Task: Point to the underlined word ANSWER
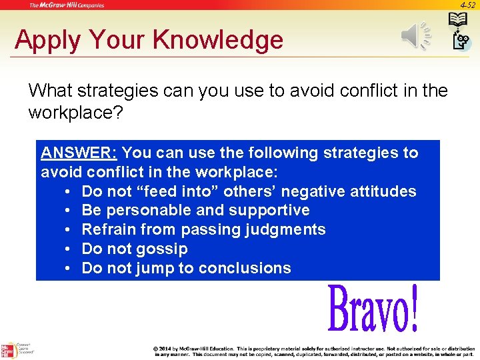[x=79, y=153]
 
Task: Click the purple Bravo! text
[x=373, y=309]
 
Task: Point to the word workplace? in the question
[x=75, y=112]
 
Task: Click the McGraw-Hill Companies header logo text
[x=67, y=5]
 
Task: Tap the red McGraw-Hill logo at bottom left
[x=8, y=351]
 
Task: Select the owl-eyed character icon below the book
[x=461, y=42]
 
